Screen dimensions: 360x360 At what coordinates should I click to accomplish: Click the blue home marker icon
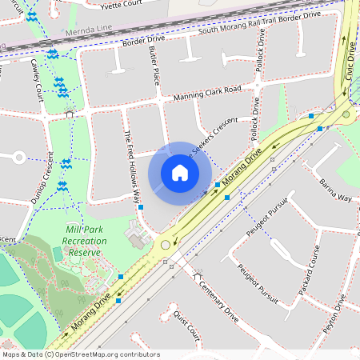[180, 173]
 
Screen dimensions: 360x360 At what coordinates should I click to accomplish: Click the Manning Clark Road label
[207, 94]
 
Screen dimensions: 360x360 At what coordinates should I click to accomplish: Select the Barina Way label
[335, 191]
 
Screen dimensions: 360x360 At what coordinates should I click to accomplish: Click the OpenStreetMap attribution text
[80, 354]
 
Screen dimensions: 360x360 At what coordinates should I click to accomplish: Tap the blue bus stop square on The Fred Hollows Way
[141, 207]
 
